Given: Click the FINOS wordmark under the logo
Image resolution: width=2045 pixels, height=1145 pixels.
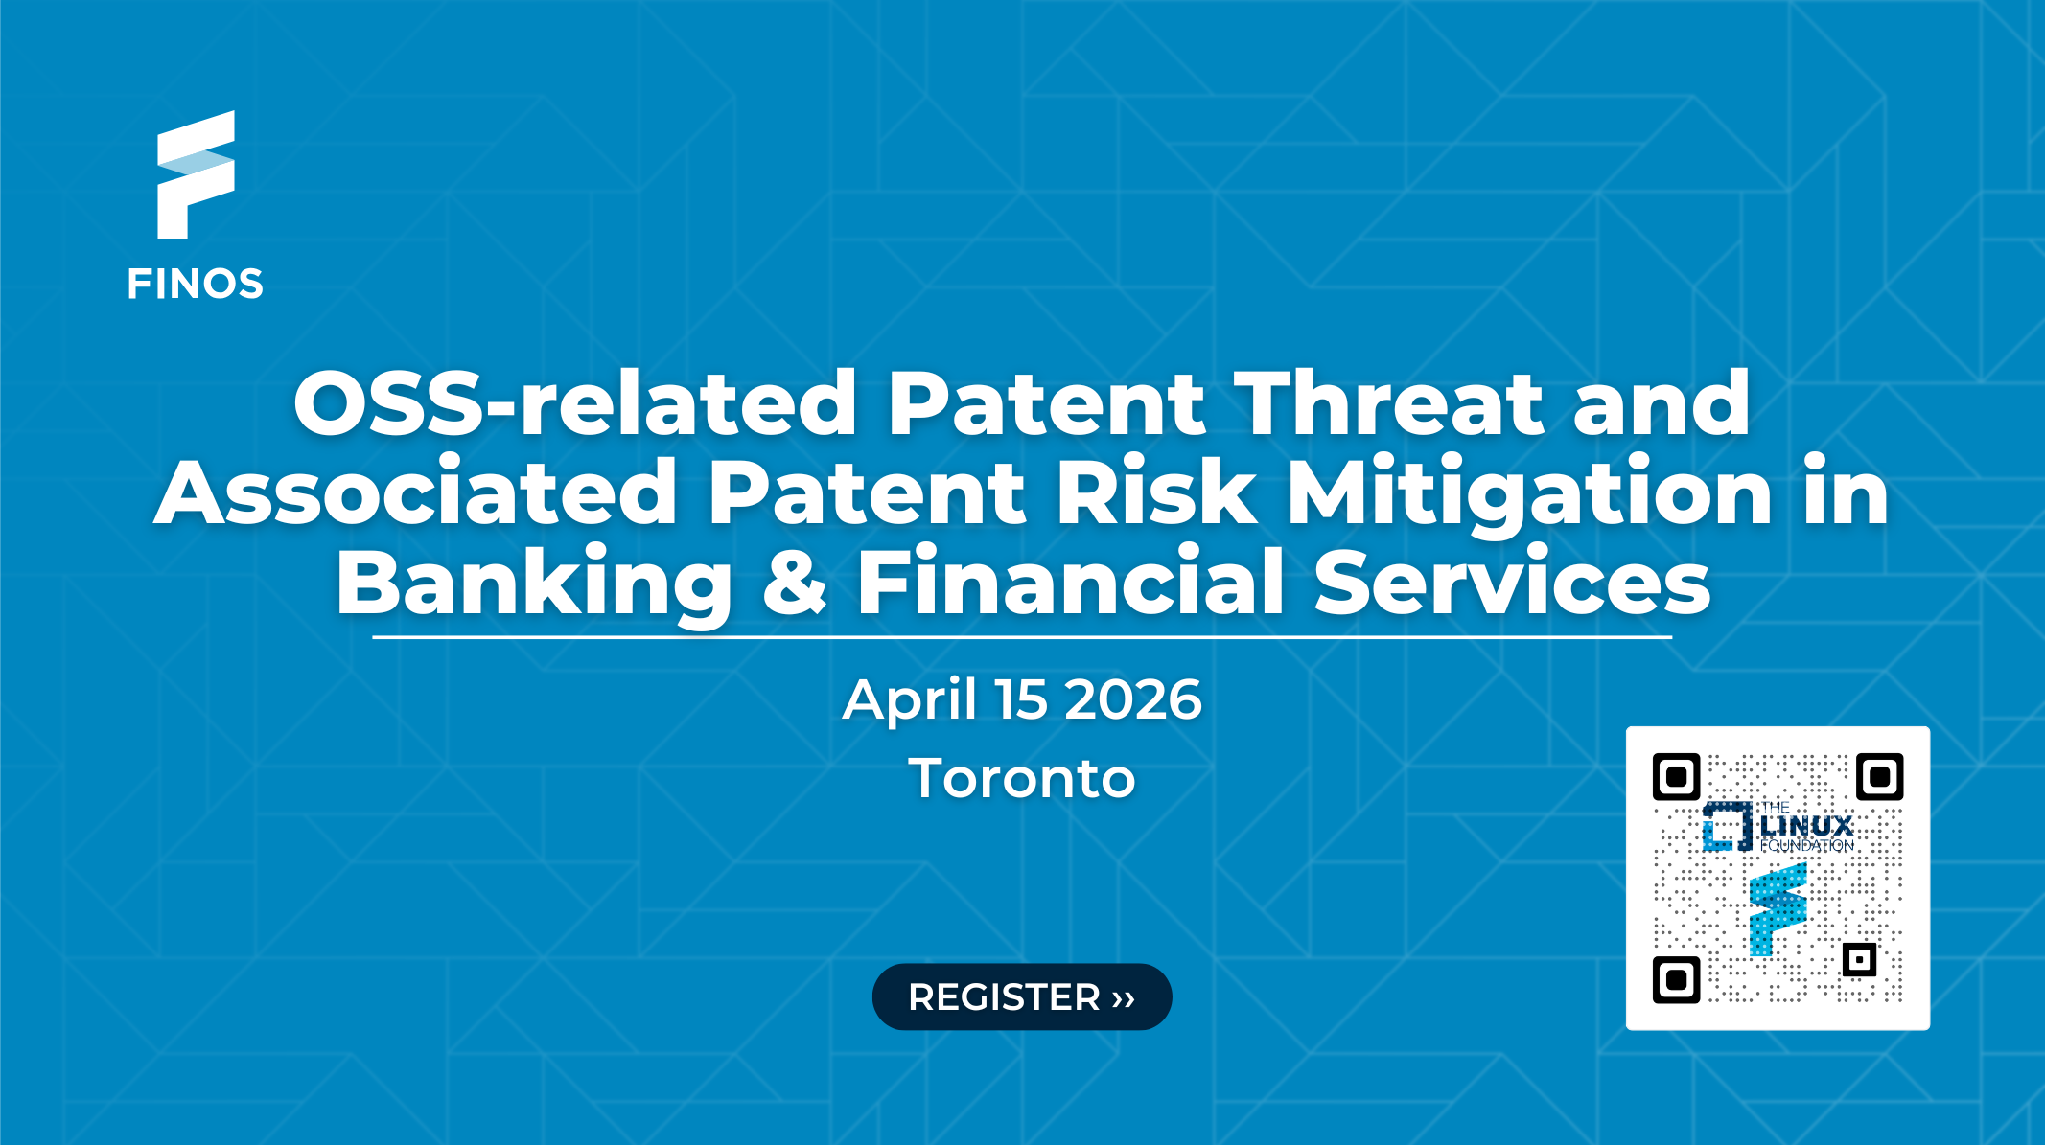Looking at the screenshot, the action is pyautogui.click(x=196, y=285).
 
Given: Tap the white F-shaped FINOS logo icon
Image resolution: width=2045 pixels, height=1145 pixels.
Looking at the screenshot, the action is pyautogui.click(x=196, y=175).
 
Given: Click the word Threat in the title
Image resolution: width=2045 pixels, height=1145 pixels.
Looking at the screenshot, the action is pyautogui.click(x=1389, y=403).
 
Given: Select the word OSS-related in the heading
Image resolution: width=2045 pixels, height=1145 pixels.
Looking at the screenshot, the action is pyautogui.click(x=575, y=403).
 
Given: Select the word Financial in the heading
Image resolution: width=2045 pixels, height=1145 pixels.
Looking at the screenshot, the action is pyautogui.click(x=1070, y=582).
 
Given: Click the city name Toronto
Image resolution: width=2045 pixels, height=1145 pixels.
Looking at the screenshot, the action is pyautogui.click(x=1022, y=778).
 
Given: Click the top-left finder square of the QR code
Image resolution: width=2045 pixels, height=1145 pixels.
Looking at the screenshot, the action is pyautogui.click(x=1677, y=777).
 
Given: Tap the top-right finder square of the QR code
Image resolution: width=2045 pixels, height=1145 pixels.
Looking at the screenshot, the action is pyautogui.click(x=1879, y=777).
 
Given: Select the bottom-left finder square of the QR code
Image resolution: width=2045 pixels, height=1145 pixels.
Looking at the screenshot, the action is pyautogui.click(x=1677, y=979).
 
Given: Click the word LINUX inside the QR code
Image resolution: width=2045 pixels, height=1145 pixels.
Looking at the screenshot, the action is pyautogui.click(x=1807, y=826).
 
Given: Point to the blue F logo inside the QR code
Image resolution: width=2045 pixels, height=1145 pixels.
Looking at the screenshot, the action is pyautogui.click(x=1778, y=909).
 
